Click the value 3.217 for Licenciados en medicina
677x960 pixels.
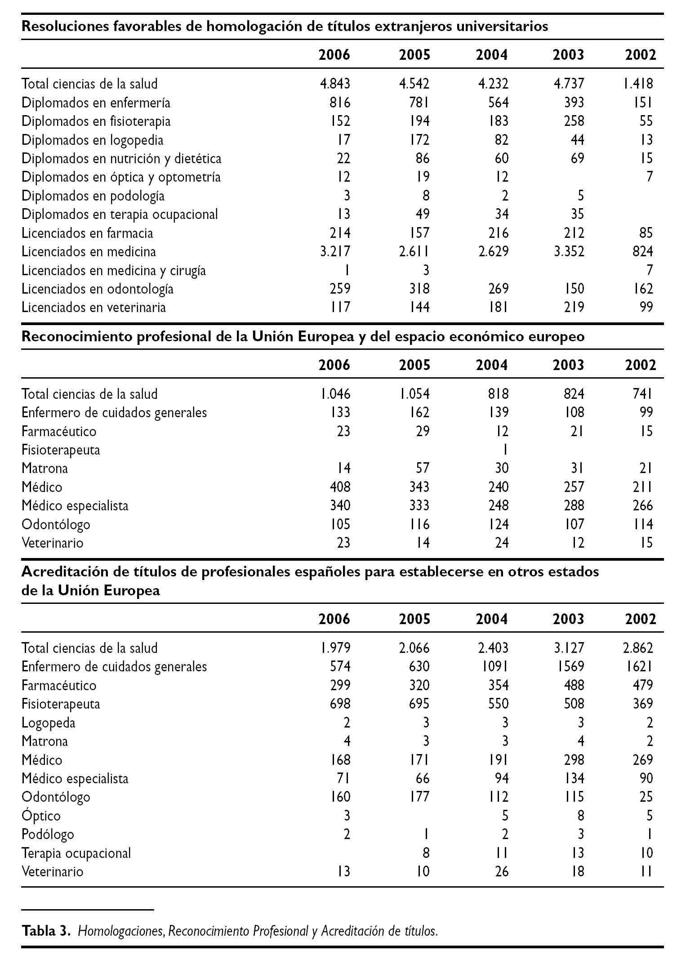pos(335,251)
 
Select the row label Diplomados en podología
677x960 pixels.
pos(93,196)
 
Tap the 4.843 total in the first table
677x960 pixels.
pos(335,84)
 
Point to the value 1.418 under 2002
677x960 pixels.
pos(638,84)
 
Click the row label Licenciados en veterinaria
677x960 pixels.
pos(94,308)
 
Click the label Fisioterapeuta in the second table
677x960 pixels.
pos(61,450)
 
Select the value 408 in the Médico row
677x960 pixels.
pos(340,487)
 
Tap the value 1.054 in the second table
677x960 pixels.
pos(414,394)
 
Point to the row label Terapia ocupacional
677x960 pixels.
pos(76,853)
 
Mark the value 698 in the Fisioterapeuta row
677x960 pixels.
pos(340,704)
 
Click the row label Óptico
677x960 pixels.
pos(41,816)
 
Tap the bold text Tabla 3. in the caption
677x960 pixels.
pos(46,931)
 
